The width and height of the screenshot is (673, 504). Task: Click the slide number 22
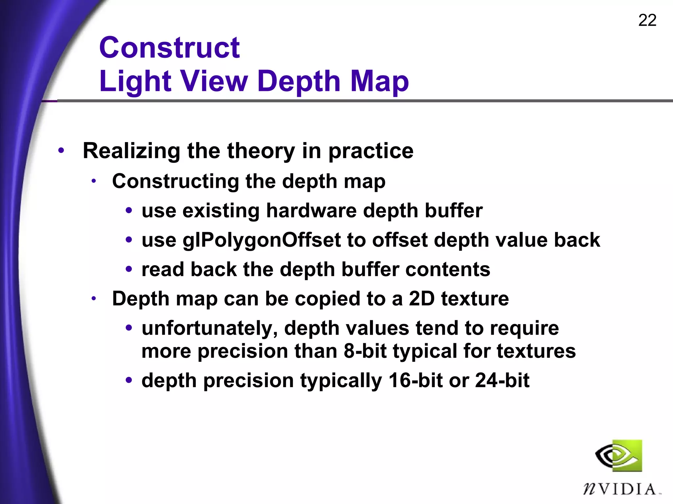(x=647, y=20)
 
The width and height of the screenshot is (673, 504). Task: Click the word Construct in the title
(x=170, y=48)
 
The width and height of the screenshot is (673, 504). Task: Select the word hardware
(x=311, y=210)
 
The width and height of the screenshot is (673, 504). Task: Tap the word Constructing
(x=176, y=181)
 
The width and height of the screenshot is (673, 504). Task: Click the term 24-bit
(x=502, y=380)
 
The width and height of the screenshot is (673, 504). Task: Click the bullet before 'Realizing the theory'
(x=61, y=151)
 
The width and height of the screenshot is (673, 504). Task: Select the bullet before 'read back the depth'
(x=129, y=269)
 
